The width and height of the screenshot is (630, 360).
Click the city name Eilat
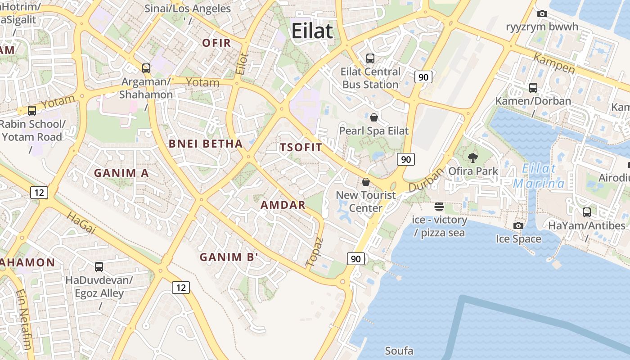coord(312,31)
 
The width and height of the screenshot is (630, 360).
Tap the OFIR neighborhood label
coord(216,43)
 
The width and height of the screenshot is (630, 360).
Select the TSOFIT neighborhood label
coord(301,148)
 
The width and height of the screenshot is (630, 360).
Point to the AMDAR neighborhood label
coord(283,205)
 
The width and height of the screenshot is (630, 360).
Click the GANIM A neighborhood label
coord(121,173)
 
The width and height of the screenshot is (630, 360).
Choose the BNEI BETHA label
coord(206,144)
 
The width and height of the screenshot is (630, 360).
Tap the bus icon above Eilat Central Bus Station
coord(370,58)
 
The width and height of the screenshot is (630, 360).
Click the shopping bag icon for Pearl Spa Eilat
coord(373,118)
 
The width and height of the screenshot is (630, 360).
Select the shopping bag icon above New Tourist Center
coord(366,182)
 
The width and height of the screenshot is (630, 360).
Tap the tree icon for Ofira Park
coord(473,157)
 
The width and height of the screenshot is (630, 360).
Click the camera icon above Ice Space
coord(518,225)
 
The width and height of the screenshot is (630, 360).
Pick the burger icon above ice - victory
coord(439,207)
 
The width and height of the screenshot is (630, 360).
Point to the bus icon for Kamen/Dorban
coord(533,88)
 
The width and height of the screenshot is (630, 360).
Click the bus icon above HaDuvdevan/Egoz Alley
coord(99,267)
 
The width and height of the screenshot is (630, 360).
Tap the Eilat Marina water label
coord(539,176)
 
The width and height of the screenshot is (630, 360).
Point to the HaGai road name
coord(81,224)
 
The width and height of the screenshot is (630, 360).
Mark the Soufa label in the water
coord(399,351)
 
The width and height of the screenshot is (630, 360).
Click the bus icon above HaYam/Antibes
coord(587,212)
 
